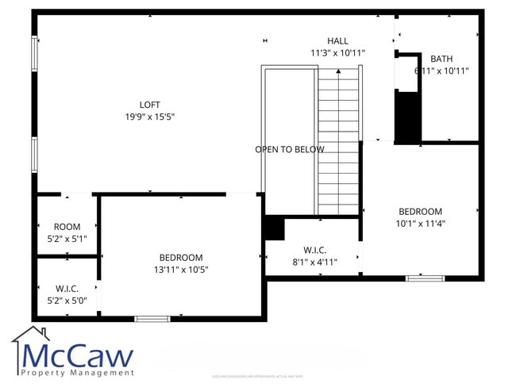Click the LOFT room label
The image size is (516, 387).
150,105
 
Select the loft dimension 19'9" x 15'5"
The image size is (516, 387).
150,117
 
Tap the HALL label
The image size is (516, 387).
337,41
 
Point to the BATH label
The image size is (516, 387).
441,59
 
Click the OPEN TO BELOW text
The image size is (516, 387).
289,149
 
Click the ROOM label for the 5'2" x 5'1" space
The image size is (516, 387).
67,227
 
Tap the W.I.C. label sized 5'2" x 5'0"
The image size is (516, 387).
67,289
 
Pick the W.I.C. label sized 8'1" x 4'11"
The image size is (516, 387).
315,250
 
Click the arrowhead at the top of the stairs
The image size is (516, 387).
339,71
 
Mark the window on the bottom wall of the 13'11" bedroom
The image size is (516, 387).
152,318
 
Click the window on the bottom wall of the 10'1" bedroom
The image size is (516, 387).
425,278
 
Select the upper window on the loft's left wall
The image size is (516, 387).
34,54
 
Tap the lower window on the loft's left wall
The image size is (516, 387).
34,154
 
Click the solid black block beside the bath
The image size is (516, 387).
407,117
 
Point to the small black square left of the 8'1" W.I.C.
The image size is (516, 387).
274,228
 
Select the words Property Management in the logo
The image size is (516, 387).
77,372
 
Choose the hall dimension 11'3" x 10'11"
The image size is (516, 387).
337,53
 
